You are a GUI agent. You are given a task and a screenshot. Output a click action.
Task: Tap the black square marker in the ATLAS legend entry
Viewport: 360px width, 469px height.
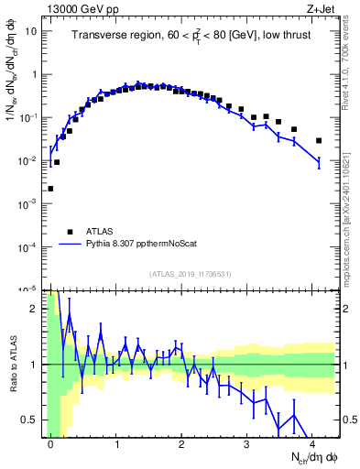pos(70,232)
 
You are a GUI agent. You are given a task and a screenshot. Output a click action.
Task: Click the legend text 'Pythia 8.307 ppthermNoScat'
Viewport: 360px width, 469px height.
pos(140,245)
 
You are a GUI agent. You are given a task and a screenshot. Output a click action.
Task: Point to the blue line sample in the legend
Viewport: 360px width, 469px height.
pos(70,245)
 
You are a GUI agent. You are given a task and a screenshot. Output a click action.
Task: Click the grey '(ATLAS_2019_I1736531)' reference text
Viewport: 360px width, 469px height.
pos(191,274)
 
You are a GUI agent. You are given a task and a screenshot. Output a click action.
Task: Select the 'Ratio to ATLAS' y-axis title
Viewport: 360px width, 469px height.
pos(13,364)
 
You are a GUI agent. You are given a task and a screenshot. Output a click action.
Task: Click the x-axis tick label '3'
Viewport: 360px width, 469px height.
pos(246,443)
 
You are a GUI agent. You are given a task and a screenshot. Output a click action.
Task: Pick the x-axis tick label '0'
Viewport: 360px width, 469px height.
pos(50,443)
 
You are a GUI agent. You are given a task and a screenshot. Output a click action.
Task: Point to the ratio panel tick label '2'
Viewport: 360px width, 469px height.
pos(34,309)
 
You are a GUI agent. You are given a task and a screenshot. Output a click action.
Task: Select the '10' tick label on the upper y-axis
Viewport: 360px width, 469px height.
pos(29,30)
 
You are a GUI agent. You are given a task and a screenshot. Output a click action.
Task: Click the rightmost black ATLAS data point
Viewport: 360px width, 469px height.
pos(318,140)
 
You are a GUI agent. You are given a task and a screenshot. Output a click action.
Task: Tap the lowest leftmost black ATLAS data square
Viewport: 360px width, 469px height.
pos(50,189)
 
